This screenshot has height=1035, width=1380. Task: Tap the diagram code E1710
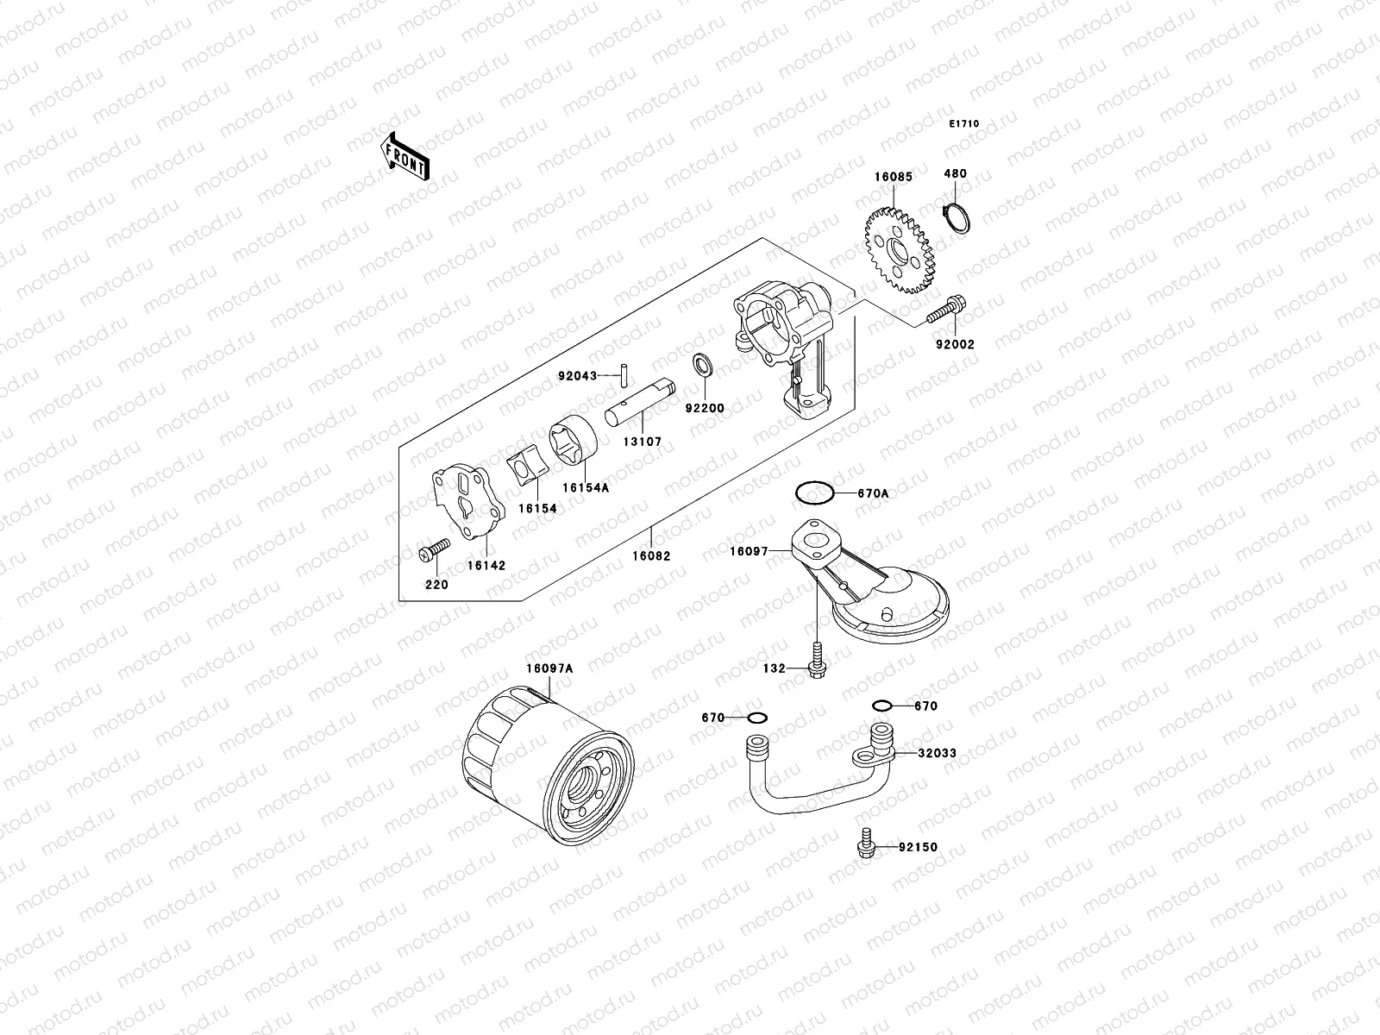[964, 124]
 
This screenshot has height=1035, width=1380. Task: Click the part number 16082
[651, 556]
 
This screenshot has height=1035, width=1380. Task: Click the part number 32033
[937, 753]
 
